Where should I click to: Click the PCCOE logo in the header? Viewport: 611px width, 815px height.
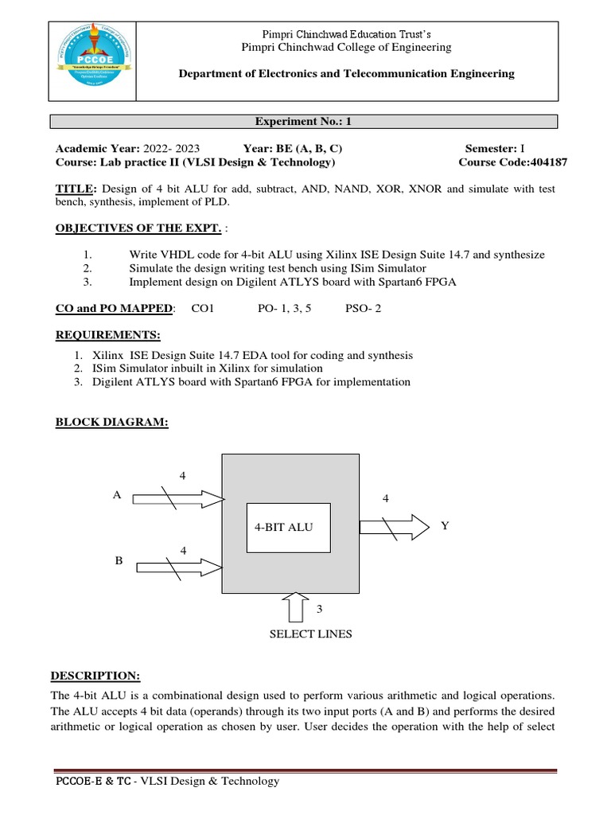coord(91,60)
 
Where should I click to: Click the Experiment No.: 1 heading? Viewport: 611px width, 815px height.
coord(305,122)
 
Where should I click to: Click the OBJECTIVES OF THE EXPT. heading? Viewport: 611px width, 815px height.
coord(138,228)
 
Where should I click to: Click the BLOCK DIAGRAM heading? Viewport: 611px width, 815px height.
coord(111,422)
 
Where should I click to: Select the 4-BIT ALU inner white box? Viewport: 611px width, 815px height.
coord(289,528)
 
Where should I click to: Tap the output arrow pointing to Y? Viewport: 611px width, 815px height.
coord(395,526)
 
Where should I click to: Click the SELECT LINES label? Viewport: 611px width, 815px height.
coord(310,634)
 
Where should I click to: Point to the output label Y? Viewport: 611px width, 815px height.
coord(445,525)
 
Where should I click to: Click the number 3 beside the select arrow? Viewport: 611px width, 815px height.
coord(320,609)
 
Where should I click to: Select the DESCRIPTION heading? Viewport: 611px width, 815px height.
coord(95,676)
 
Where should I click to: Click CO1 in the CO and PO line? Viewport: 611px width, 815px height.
coord(204,308)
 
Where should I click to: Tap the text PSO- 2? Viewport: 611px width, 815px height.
coord(363,308)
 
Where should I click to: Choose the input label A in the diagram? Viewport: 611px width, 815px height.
coord(117,494)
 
